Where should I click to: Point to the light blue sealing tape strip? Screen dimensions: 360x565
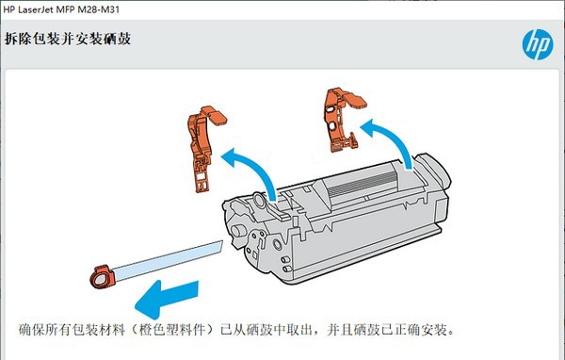pos(165,258)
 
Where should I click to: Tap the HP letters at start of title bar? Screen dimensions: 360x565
pos(10,8)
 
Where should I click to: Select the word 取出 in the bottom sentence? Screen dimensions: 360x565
pos(307,331)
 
